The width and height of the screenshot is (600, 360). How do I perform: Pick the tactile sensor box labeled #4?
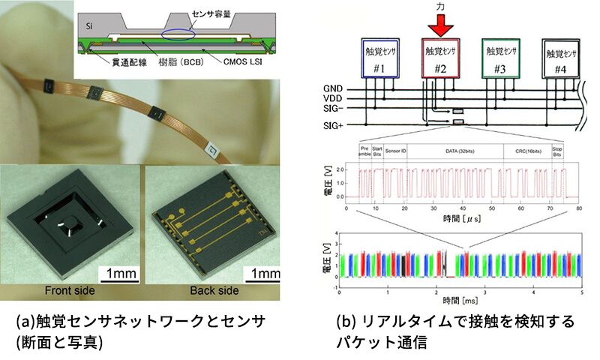pyautogui.click(x=559, y=59)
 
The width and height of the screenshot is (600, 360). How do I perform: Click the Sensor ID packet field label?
pyautogui.click(x=395, y=149)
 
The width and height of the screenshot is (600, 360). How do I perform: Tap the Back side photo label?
pyautogui.click(x=214, y=290)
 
